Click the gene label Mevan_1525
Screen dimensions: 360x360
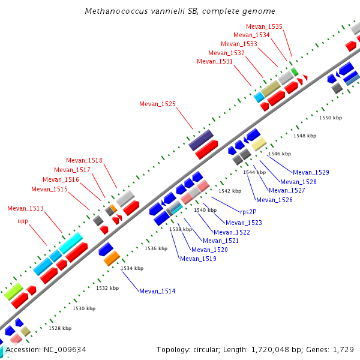pyautogui.click(x=157, y=104)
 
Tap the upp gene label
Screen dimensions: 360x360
pyautogui.click(x=23, y=221)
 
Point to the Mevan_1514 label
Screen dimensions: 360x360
pyautogui.click(x=157, y=291)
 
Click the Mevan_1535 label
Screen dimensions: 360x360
pyautogui.click(x=264, y=26)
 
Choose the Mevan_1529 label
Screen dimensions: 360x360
pyautogui.click(x=311, y=172)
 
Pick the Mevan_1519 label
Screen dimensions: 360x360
pyautogui.click(x=198, y=259)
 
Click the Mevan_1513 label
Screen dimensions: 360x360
pyautogui.click(x=25, y=208)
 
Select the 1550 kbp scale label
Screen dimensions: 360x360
pyautogui.click(x=329, y=118)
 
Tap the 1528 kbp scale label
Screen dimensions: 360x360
pyautogui.click(x=59, y=328)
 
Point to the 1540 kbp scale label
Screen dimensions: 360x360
pyautogui.click(x=205, y=210)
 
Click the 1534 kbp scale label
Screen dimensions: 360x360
pyautogui.click(x=131, y=268)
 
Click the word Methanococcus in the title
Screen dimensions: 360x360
pyautogui.click(x=115, y=11)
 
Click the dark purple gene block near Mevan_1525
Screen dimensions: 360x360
pyautogui.click(x=201, y=140)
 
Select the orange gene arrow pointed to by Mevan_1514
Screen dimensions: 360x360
pyautogui.click(x=112, y=259)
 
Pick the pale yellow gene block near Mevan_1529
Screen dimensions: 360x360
pyautogui.click(x=259, y=144)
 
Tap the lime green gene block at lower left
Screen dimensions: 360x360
pyautogui.click(x=13, y=291)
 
